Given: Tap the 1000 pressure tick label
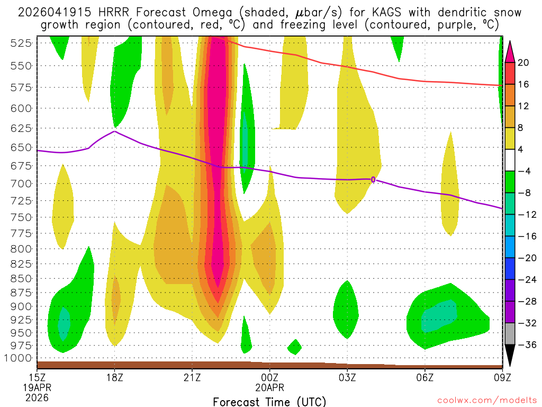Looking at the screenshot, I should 20,358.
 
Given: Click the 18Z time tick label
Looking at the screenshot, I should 115,377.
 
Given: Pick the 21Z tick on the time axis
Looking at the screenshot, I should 192,377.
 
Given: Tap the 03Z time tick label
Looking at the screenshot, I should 347,377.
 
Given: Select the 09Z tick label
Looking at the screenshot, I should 502,377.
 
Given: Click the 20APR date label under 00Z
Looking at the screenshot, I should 270,387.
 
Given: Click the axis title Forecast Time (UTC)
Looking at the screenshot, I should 269,401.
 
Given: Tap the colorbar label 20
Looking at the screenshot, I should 523,63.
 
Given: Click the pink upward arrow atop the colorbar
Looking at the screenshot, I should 510,50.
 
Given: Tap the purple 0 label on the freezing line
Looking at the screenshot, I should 373,180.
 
